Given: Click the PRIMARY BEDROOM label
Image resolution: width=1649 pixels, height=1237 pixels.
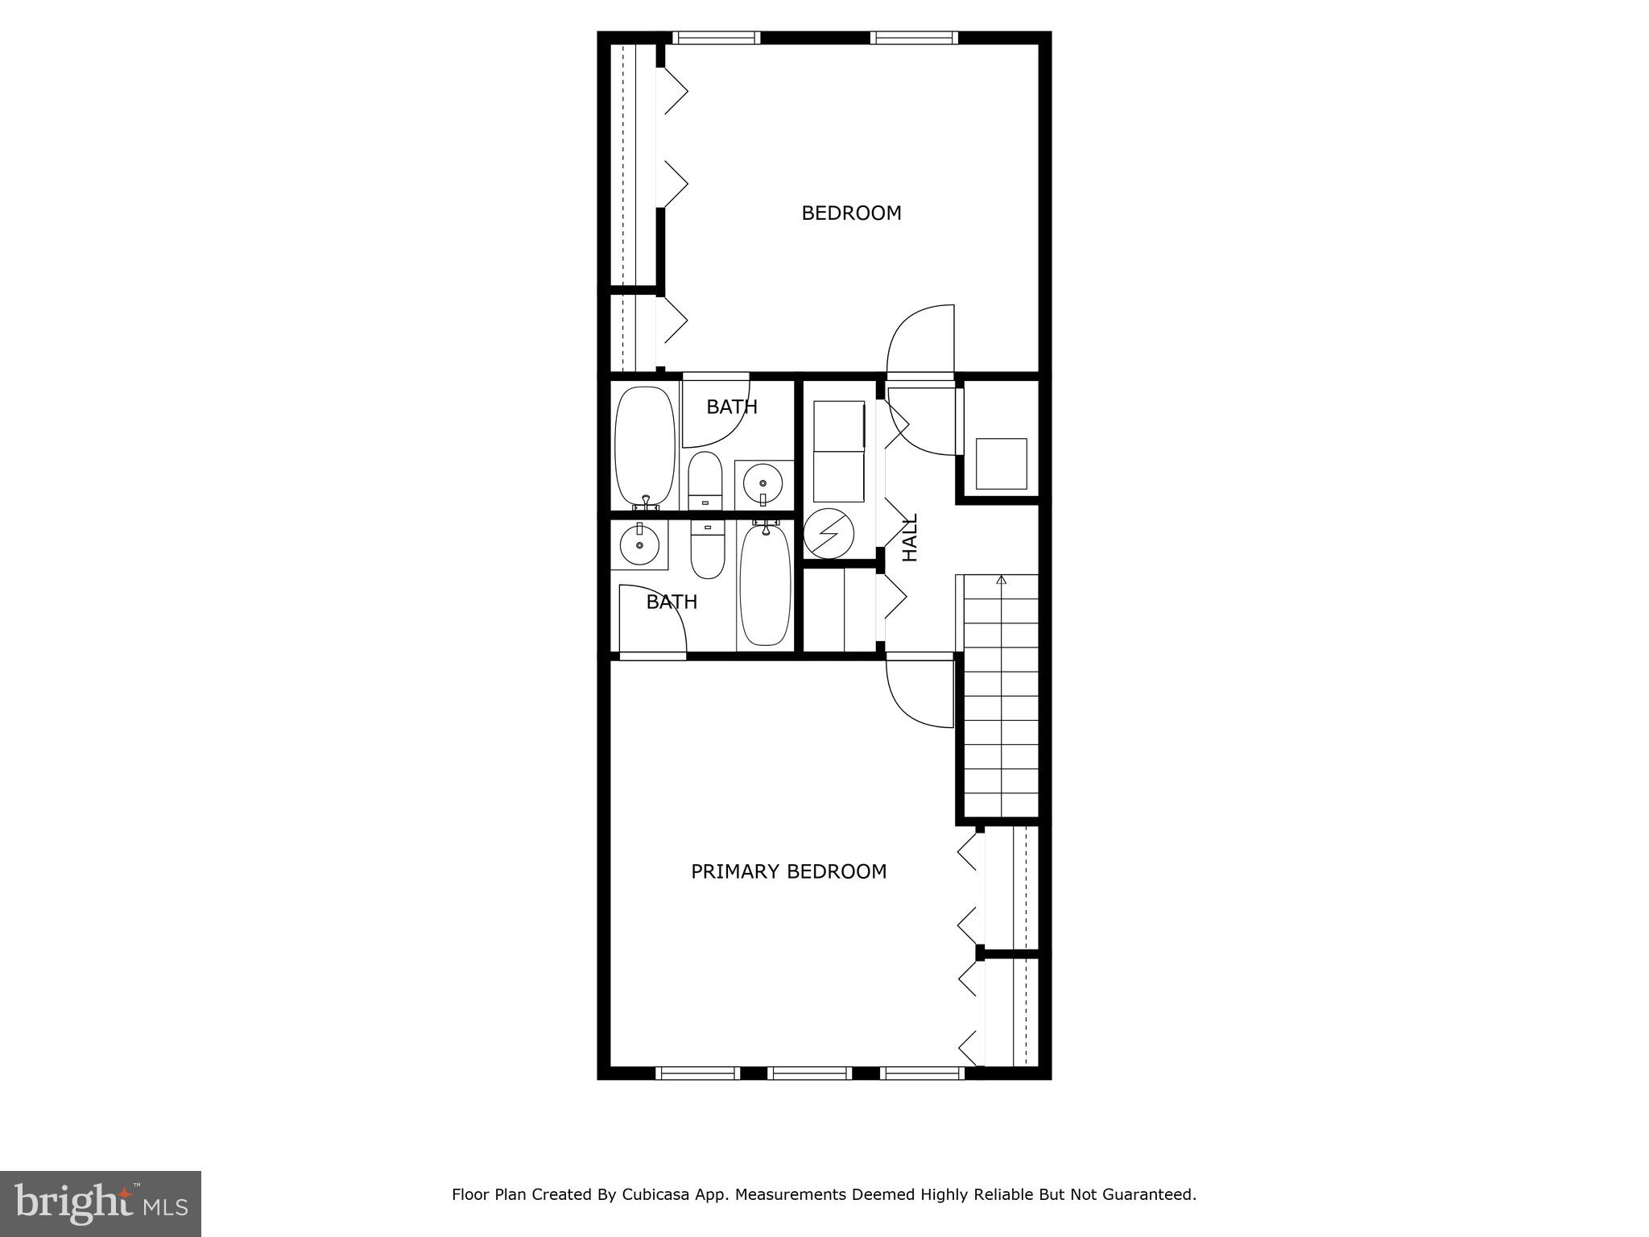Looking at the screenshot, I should tap(788, 871).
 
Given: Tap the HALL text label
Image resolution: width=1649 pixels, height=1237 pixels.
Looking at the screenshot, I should tap(910, 538).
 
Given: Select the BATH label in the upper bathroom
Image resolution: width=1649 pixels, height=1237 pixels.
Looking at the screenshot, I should tap(731, 407).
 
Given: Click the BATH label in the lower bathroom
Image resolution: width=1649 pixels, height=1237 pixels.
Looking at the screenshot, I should tap(672, 602).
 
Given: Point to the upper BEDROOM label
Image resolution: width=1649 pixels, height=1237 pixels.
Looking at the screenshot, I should tap(851, 213).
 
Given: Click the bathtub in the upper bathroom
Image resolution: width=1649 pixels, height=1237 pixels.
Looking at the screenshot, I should tap(645, 447).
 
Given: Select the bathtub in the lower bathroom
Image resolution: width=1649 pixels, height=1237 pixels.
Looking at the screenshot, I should tap(765, 584).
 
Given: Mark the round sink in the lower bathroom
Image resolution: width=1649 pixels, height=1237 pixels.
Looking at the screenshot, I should tap(639, 544).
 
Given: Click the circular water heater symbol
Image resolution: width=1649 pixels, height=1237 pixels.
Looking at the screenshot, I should tap(829, 533).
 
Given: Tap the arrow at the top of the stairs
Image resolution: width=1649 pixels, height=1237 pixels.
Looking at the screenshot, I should tap(1001, 579).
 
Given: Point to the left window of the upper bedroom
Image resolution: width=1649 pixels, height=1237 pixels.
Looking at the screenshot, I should tap(716, 37).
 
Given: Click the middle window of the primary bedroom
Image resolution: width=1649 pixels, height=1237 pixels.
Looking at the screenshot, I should tap(809, 1073).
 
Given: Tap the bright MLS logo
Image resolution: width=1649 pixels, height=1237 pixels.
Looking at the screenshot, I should tap(101, 1203).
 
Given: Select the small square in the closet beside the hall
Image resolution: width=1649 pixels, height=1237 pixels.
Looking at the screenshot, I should tap(1001, 464).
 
